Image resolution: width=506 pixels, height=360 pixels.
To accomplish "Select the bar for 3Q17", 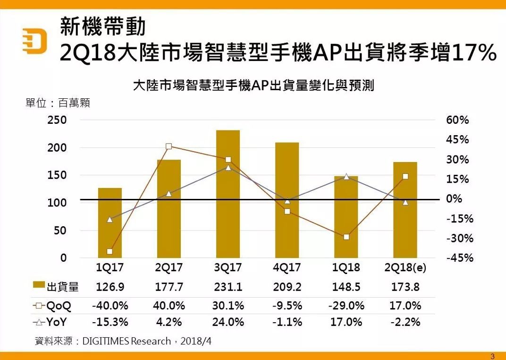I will point(228,194).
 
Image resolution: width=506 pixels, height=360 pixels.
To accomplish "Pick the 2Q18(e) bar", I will point(405,210).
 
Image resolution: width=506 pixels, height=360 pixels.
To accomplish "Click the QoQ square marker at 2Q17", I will point(169,146).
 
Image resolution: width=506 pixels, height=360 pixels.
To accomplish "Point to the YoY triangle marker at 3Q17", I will point(228,168).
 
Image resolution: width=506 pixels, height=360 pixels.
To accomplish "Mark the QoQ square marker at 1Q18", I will point(346,237).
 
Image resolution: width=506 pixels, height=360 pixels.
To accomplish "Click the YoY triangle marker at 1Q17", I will point(110,220).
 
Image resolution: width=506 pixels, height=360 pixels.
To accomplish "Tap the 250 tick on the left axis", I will point(57,120).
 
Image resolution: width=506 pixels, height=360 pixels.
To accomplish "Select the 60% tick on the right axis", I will point(457,120).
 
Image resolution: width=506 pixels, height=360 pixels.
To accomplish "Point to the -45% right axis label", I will point(459,258).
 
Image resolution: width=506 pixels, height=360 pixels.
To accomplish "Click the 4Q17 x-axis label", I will point(287,268).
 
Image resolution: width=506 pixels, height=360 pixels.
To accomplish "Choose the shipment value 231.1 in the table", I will point(228,287).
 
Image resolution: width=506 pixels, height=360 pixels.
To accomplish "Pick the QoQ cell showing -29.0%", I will point(346,306).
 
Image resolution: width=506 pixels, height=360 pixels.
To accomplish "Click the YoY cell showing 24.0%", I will point(228,322).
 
